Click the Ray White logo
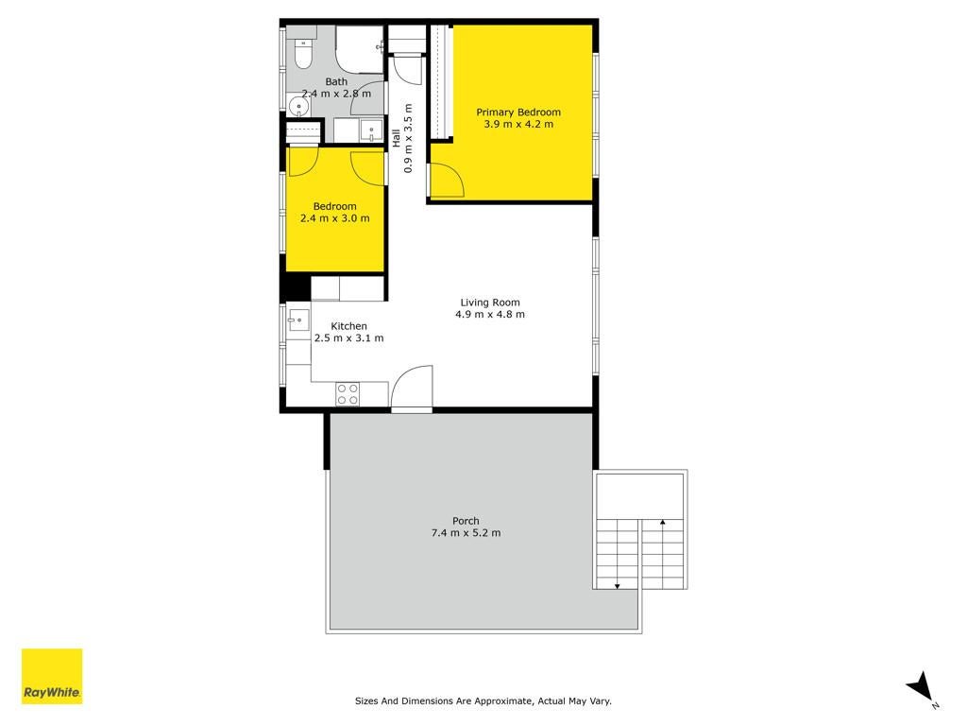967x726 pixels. click(x=52, y=676)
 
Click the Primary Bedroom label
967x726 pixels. click(x=518, y=112)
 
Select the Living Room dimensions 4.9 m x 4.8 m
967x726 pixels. click(x=490, y=314)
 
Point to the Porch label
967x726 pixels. click(x=466, y=521)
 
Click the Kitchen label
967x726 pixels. click(x=348, y=326)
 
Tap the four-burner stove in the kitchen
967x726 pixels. click(x=348, y=394)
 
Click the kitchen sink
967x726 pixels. click(x=299, y=320)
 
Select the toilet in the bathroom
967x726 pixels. click(x=303, y=54)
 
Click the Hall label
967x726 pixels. click(x=396, y=138)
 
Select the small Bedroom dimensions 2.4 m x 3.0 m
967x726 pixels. click(x=335, y=218)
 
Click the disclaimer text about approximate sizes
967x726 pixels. click(x=483, y=700)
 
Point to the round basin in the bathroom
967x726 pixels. click(x=298, y=107)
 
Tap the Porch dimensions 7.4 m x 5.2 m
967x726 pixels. click(x=466, y=533)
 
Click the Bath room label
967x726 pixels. click(x=336, y=81)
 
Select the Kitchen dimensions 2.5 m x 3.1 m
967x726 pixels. click(x=348, y=338)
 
